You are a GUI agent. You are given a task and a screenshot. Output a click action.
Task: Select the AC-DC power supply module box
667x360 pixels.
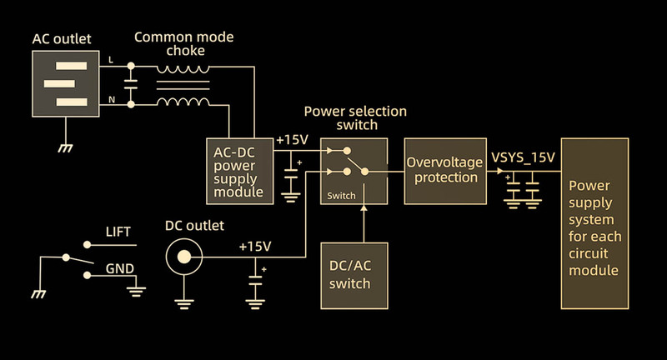240,169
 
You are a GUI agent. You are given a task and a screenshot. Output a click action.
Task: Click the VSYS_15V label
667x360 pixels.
524,156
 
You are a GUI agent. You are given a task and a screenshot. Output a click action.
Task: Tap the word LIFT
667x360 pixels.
118,232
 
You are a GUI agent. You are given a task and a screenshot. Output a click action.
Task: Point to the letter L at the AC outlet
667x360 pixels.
113,59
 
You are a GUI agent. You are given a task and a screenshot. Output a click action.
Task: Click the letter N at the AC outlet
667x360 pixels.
113,101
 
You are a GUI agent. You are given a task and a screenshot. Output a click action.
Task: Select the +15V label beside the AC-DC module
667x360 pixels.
291,139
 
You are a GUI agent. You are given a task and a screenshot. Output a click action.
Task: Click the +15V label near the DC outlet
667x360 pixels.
255,247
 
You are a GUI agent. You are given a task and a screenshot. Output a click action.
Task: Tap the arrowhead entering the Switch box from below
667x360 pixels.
364,208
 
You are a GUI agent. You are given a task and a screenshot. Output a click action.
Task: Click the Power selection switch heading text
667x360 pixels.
354,117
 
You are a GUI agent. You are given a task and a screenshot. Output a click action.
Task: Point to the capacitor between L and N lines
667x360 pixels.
131,83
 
